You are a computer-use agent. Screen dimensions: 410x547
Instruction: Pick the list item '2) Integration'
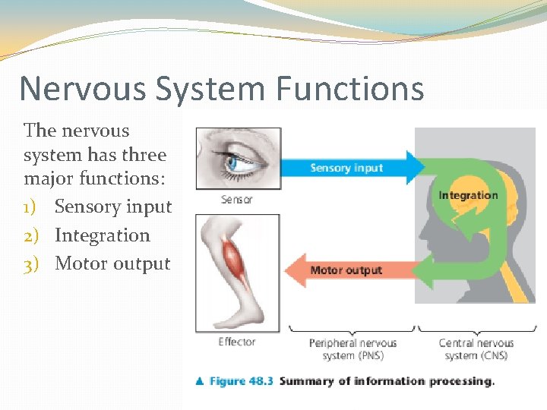(x=87, y=235)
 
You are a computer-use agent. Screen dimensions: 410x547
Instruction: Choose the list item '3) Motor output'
(x=97, y=264)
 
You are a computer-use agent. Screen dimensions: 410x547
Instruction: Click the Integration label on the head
(x=467, y=195)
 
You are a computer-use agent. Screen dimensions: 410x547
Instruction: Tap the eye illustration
(x=239, y=159)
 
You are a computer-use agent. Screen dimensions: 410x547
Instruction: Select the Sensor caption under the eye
(x=236, y=200)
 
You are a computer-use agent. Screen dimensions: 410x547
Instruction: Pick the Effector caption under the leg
(x=236, y=342)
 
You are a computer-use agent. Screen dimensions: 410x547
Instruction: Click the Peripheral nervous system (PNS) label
(x=353, y=349)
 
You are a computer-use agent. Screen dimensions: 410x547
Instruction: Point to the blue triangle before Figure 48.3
(x=199, y=381)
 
